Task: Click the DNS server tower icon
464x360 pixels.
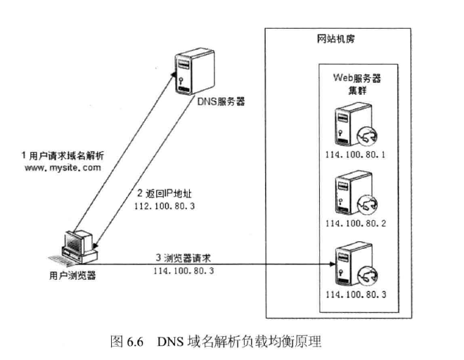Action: (185, 71)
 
